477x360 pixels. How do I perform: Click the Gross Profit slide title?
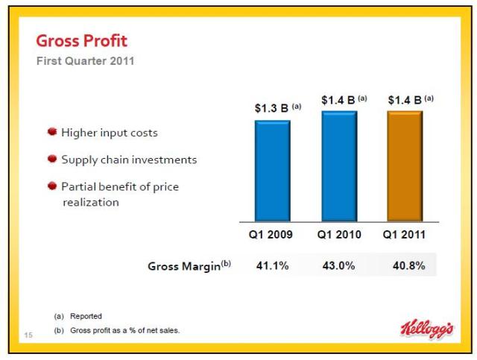(x=81, y=40)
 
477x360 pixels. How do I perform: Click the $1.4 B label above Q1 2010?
(x=344, y=99)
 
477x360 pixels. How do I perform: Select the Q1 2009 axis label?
(x=270, y=235)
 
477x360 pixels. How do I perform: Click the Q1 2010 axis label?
(x=338, y=235)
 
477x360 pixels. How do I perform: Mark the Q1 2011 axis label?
(x=405, y=235)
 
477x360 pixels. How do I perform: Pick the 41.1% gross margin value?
(x=272, y=266)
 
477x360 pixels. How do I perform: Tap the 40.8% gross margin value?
(x=408, y=266)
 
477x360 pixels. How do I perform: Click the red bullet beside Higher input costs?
(x=52, y=132)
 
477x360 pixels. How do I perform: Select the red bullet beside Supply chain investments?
(x=52, y=159)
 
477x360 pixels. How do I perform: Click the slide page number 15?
(x=30, y=334)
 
